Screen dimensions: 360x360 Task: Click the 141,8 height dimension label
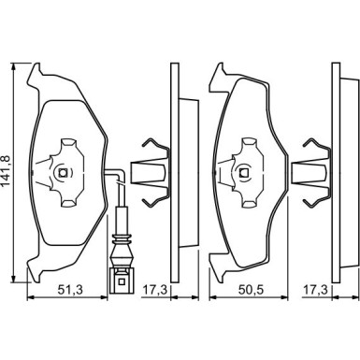(7, 172)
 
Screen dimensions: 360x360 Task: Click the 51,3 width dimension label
(70, 290)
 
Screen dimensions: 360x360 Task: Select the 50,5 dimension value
(252, 290)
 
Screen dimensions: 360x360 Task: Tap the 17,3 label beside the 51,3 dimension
(155, 290)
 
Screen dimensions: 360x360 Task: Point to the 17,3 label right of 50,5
(316, 290)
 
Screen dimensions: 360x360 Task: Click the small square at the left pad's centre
(63, 172)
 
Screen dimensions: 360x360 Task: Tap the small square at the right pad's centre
(243, 172)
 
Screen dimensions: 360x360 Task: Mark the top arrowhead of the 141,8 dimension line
(13, 66)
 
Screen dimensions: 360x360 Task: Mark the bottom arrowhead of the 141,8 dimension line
(13, 279)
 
